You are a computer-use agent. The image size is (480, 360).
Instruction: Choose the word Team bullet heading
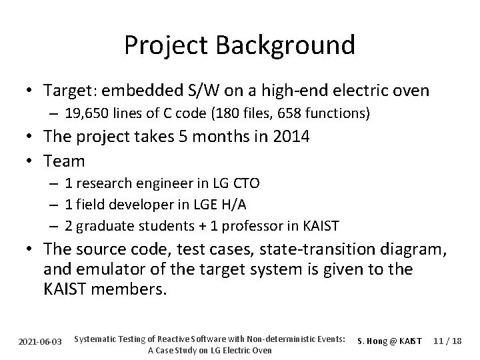64,161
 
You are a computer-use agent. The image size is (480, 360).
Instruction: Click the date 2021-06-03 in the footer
39,341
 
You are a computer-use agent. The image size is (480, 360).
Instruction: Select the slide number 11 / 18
447,341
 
